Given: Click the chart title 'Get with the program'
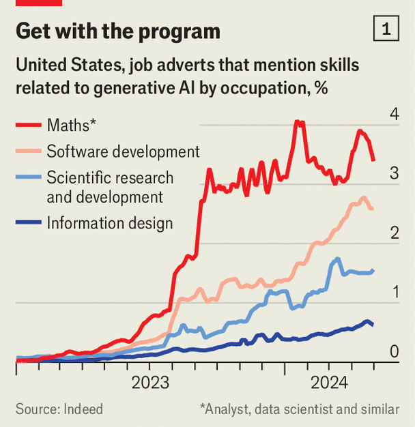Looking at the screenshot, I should click(117, 31).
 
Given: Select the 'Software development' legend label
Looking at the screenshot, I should click(123, 151).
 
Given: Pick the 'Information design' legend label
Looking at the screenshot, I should click(109, 223).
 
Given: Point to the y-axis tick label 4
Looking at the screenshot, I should click(394, 114).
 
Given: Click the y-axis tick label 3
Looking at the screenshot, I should click(394, 173).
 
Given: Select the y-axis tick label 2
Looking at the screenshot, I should click(394, 233).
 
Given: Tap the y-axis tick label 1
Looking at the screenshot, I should click(394, 293).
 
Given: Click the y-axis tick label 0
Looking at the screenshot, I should click(394, 352).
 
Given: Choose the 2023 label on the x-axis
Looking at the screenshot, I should click(151, 382).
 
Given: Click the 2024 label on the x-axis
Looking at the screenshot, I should click(330, 382).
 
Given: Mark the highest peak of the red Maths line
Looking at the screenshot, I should click(298, 122).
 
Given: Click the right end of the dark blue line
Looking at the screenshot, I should click(372, 325).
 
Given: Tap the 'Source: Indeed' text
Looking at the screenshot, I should click(59, 409).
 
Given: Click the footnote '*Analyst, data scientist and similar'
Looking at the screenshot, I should click(299, 409).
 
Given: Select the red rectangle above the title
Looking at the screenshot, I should click(39, 3).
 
